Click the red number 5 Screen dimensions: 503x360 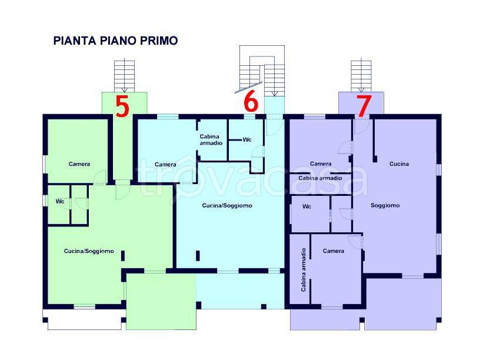coord(122,106)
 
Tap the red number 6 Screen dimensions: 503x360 coord(251,101)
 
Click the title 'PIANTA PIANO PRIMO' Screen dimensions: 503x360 coord(115,41)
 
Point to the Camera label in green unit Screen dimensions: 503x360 coord(79,164)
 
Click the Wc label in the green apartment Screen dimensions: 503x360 coord(60,201)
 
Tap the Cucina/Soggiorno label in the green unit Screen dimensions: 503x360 coord(89,251)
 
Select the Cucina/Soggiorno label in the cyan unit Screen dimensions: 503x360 coord(227,205)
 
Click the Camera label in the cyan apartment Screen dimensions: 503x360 coord(165,165)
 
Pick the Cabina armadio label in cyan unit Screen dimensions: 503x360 coord(211,140)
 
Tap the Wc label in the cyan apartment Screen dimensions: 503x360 coord(247,139)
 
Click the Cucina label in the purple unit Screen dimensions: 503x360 coord(399,164)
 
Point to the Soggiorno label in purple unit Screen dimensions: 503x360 coord(385,205)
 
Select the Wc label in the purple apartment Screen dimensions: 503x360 coord(307,206)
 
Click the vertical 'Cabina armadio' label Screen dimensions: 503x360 coord(304,270)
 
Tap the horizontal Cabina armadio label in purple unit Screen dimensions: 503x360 coord(320,178)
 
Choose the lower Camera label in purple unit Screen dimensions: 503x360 coord(334,251)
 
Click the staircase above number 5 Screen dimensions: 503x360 coord(125,76)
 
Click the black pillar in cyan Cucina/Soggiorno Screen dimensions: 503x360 coord(198,256)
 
